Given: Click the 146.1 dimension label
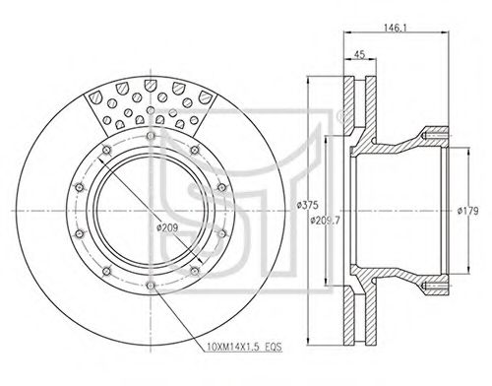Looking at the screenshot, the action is tap(396, 28).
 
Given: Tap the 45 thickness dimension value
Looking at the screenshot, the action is tap(360, 54).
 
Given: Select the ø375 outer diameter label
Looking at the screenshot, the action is tap(307, 205).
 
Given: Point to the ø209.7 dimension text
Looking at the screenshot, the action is tap(325, 221).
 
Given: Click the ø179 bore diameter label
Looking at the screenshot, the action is tap(468, 211).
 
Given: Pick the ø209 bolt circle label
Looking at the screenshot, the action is tap(167, 227).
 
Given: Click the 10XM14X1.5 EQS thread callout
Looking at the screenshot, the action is tap(244, 347).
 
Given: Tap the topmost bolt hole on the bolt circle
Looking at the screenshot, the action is tap(151, 135).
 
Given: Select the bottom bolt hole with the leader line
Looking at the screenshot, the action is tap(151, 286).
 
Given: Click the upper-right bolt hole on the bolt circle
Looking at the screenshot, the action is tap(195, 150).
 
